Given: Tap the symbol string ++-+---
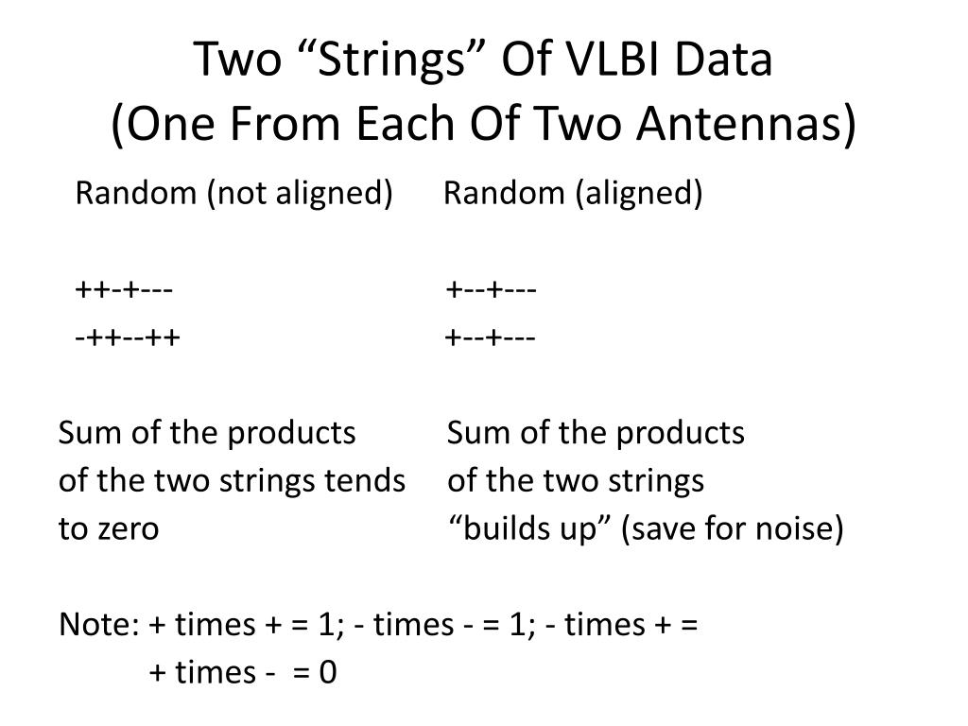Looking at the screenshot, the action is [x=124, y=288].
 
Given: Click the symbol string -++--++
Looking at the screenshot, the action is [x=129, y=337].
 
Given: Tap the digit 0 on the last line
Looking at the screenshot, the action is [x=328, y=673].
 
